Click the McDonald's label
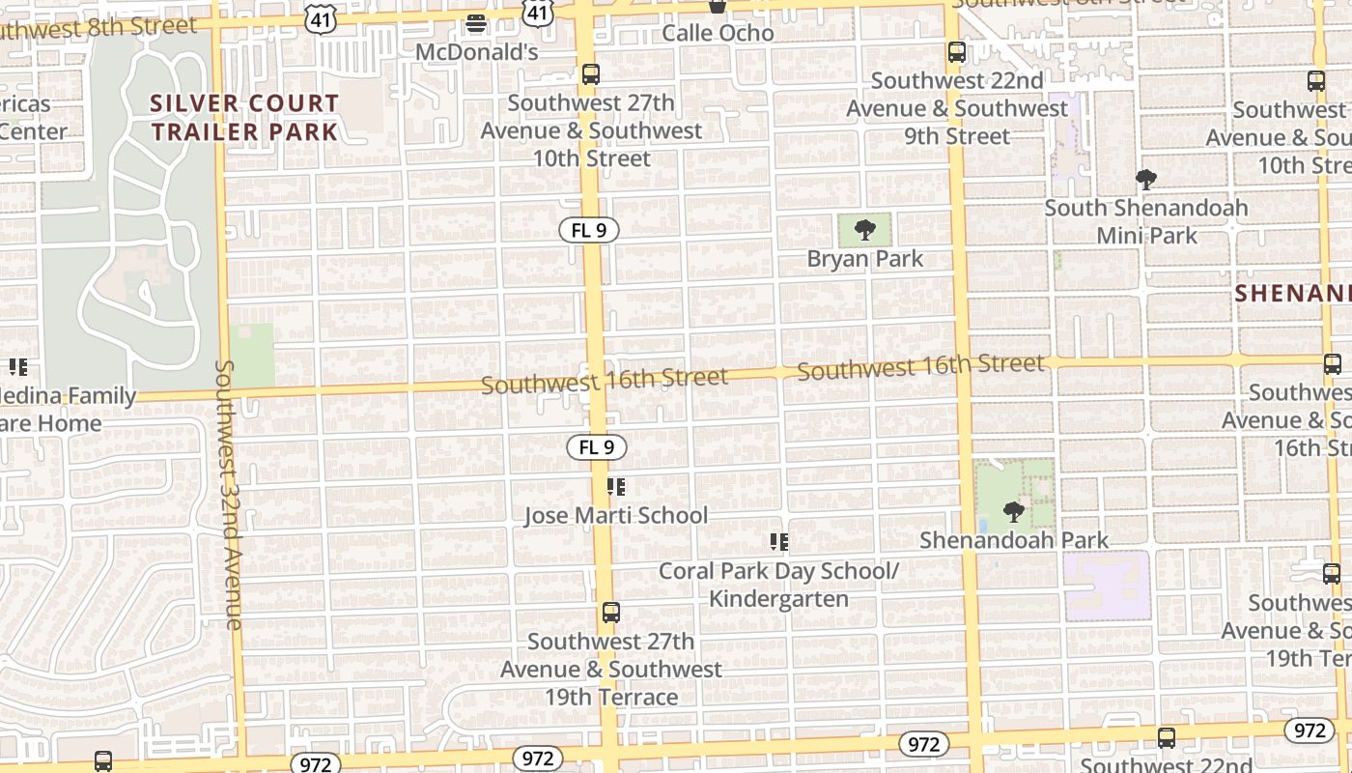[x=476, y=51]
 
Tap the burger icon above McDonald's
[x=476, y=24]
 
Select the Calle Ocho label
[x=718, y=33]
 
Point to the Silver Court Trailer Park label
[x=244, y=117]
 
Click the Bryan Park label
[x=865, y=259]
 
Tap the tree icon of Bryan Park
[x=865, y=230]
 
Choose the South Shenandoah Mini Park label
[x=1146, y=221]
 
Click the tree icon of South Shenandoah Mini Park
[x=1146, y=180]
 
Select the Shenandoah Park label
[x=1014, y=540]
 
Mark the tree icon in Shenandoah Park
[x=1013, y=511]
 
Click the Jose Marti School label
[x=616, y=516]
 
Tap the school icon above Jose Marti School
[x=616, y=487]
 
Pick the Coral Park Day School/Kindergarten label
[x=778, y=585]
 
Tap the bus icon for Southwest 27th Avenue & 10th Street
[x=591, y=74]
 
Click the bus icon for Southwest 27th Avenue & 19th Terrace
[x=611, y=613]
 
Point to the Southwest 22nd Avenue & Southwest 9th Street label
[x=957, y=108]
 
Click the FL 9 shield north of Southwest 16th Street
[x=588, y=231]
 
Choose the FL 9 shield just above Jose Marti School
[x=596, y=447]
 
